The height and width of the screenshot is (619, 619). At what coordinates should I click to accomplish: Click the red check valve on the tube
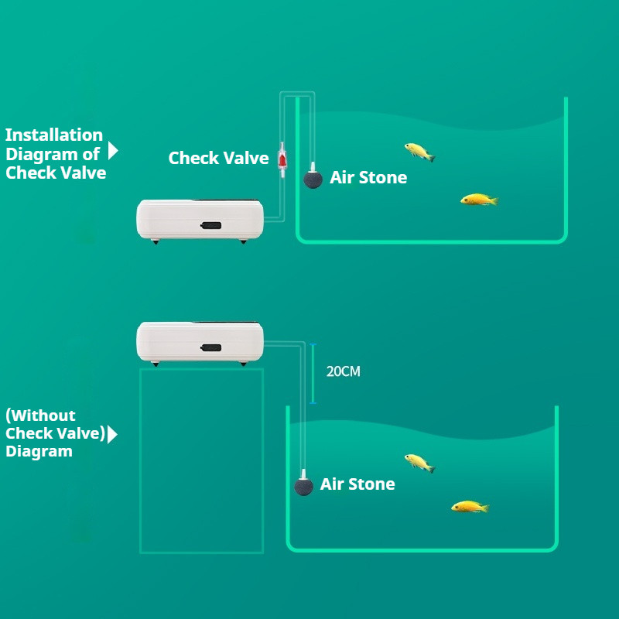(x=282, y=160)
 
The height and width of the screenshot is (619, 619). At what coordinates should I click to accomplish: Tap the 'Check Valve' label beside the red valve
(x=218, y=158)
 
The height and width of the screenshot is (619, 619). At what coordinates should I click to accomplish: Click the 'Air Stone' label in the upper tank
(x=368, y=177)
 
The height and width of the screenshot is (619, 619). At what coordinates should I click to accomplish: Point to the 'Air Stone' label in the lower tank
(x=357, y=484)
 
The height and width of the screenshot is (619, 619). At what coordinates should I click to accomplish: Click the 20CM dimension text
(x=343, y=371)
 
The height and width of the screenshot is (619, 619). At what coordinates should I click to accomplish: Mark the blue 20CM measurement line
(x=313, y=374)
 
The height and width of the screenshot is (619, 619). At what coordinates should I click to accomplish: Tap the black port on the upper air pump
(x=210, y=225)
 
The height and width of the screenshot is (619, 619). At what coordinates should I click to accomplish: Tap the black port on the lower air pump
(x=210, y=347)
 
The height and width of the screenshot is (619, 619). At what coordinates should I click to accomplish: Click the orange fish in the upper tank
(x=479, y=200)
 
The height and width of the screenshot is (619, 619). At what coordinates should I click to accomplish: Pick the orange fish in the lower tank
(x=470, y=507)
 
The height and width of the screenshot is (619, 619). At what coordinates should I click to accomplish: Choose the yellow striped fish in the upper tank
(x=419, y=152)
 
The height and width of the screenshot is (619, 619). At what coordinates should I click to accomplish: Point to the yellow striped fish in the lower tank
(x=419, y=463)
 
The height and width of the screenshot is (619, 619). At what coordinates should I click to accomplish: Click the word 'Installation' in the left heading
(x=54, y=135)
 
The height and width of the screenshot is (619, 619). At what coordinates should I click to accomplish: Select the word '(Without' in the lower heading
(x=40, y=416)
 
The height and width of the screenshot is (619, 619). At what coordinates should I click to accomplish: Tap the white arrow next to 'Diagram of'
(x=113, y=150)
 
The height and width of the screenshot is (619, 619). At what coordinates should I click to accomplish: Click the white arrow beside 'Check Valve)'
(x=112, y=434)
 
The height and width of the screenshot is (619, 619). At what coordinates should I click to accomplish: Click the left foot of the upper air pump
(x=156, y=241)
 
